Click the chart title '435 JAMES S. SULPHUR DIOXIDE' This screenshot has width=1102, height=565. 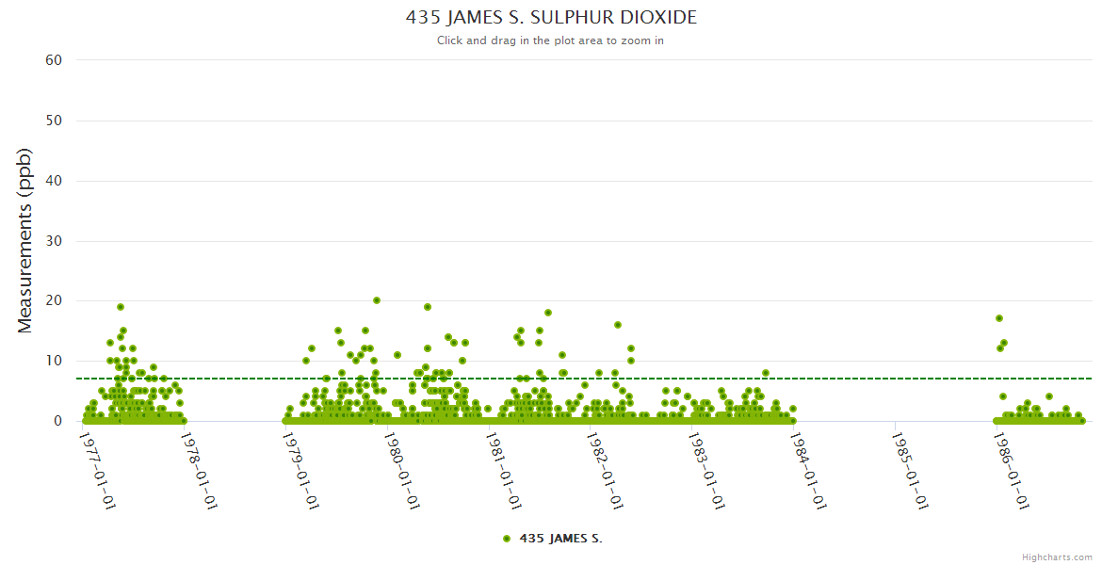click(x=551, y=18)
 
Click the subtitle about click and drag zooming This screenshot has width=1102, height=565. click(x=551, y=40)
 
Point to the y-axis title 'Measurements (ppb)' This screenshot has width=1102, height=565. click(x=25, y=240)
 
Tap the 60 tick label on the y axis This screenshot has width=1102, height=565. click(x=54, y=60)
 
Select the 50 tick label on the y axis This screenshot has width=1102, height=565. click(x=54, y=121)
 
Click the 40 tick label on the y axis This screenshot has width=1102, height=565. click(x=54, y=181)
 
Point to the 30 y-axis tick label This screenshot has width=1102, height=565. click(x=54, y=241)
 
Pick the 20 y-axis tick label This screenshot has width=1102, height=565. click(x=54, y=301)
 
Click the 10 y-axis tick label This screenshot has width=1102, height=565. click(x=54, y=361)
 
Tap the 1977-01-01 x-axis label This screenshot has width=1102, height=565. click(x=97, y=470)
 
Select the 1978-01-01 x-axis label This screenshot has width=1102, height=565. click(x=199, y=470)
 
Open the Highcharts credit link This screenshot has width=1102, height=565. click(x=1057, y=557)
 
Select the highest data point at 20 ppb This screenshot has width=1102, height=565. click(x=377, y=300)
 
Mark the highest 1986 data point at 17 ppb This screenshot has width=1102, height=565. click(x=999, y=318)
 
